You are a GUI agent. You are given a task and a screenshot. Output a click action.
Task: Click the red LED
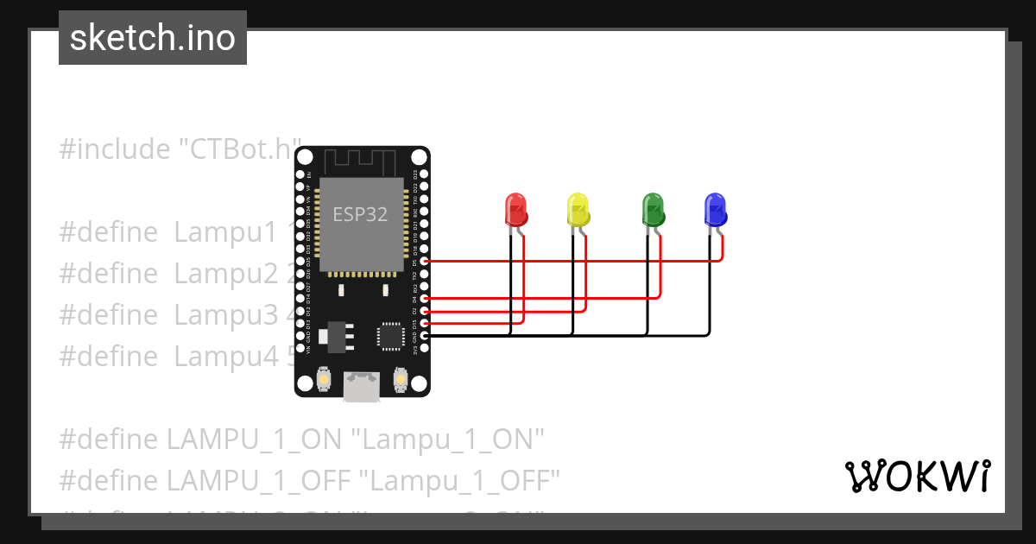pos(515,210)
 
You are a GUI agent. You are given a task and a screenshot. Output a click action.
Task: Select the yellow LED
pos(578,210)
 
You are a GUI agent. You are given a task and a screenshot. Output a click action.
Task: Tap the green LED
pos(653,210)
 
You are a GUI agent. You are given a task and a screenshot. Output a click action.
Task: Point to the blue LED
pos(715,210)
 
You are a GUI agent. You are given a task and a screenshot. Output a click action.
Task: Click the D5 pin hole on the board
pos(423,261)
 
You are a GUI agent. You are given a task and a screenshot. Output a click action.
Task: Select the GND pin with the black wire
pos(423,335)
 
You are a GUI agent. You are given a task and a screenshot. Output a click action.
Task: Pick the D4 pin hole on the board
pos(423,298)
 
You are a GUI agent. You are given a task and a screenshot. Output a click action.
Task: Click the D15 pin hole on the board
pos(423,323)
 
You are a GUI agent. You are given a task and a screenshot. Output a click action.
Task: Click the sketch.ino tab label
pos(153,38)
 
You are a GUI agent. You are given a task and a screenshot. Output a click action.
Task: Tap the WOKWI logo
pos(917,477)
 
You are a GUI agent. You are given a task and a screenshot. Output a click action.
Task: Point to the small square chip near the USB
pos(390,336)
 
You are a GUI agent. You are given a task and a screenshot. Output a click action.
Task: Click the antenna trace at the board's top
pos(361,160)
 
